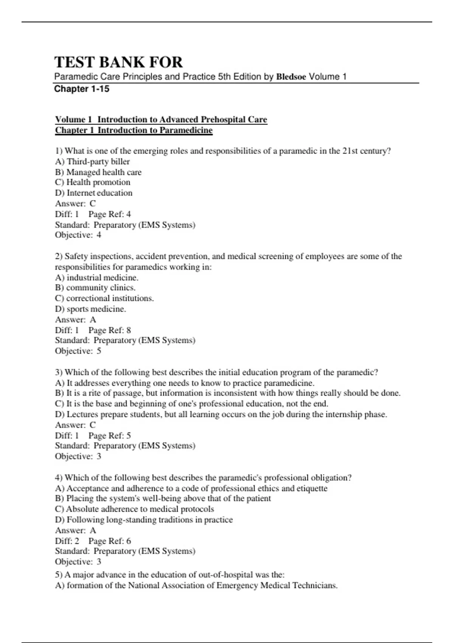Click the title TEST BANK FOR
pyautogui.click(x=118, y=62)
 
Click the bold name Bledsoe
pyautogui.click(x=291, y=77)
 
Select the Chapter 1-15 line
pyautogui.click(x=82, y=89)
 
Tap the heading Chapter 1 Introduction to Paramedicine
pyautogui.click(x=134, y=130)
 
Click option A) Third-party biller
pyautogui.click(x=92, y=162)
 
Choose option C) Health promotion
pyautogui.click(x=93, y=182)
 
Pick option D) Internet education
pyautogui.click(x=94, y=193)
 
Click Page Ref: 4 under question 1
pyautogui.click(x=109, y=214)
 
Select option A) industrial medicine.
pyautogui.click(x=97, y=277)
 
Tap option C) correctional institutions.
pyautogui.click(x=104, y=298)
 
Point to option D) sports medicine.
pyautogui.click(x=91, y=309)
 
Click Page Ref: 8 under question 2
pyautogui.click(x=109, y=330)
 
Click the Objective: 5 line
pyautogui.click(x=78, y=351)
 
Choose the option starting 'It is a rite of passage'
pyautogui.click(x=228, y=393)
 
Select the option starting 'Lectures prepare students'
pyautogui.click(x=221, y=415)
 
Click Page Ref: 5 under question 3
pyautogui.click(x=109, y=435)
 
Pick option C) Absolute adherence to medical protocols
pyautogui.click(x=134, y=509)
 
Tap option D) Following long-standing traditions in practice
pyautogui.click(x=144, y=520)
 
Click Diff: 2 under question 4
pyautogui.click(x=67, y=541)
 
